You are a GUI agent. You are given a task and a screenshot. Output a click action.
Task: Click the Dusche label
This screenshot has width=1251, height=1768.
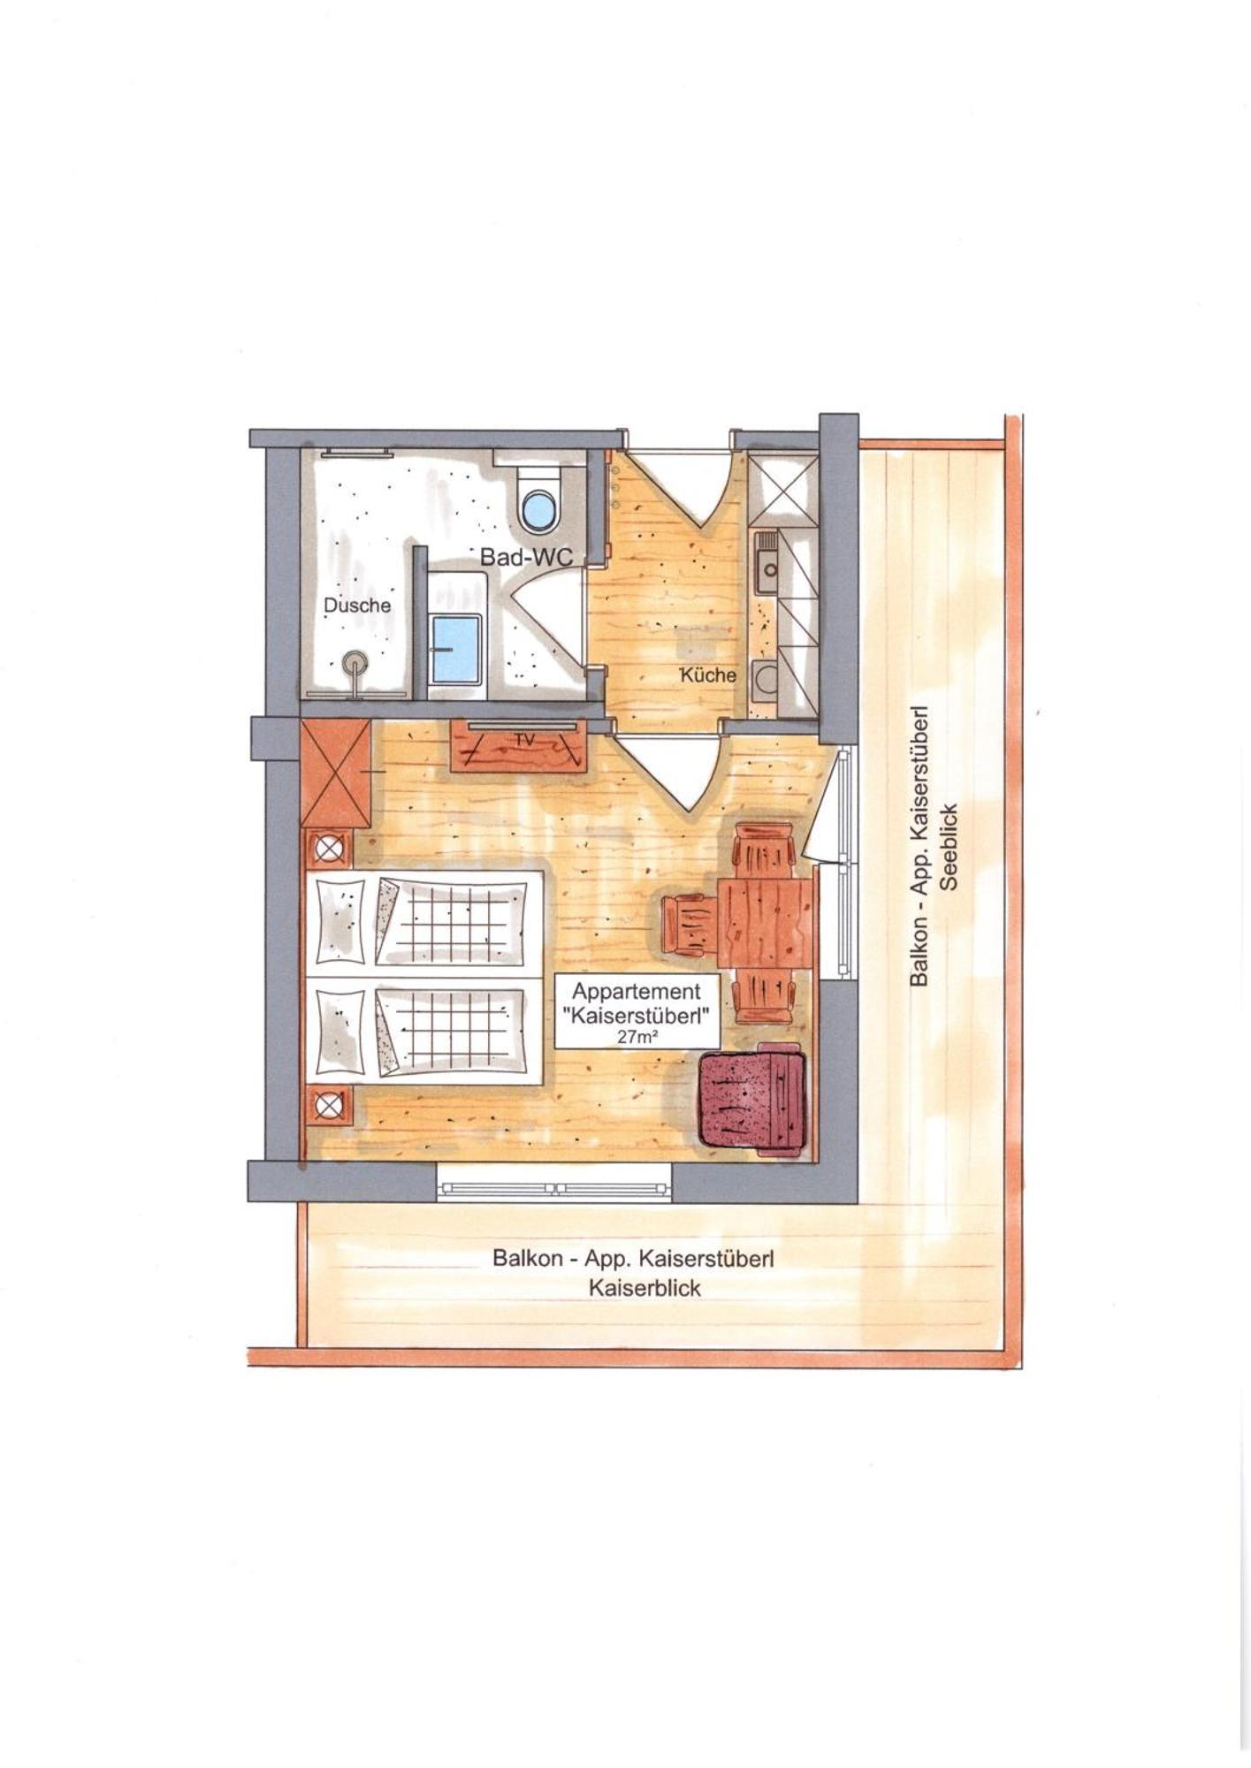click(x=357, y=606)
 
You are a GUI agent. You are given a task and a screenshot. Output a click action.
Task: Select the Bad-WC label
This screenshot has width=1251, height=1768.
click(x=527, y=557)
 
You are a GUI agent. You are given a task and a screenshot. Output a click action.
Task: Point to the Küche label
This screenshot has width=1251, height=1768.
click(x=708, y=675)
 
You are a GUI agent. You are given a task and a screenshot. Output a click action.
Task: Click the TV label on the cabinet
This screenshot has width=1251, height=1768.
click(x=525, y=740)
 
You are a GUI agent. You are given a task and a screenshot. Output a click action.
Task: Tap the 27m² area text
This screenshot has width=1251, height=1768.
click(x=637, y=1038)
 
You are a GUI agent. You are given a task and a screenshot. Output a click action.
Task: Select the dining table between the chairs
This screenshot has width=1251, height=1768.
click(x=765, y=923)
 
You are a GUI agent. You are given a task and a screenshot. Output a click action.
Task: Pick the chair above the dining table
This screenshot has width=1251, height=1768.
click(x=764, y=850)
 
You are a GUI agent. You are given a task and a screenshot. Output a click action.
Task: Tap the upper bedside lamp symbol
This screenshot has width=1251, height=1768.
click(x=329, y=850)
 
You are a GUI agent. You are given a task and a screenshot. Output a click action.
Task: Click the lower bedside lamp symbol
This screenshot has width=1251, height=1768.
click(x=329, y=1104)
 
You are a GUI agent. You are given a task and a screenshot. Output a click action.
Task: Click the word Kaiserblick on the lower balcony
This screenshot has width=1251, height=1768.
click(x=645, y=1288)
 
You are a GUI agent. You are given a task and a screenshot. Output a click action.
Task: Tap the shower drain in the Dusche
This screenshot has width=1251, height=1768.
click(x=355, y=661)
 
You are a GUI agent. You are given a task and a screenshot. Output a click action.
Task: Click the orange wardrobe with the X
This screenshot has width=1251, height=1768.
click(x=336, y=773)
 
